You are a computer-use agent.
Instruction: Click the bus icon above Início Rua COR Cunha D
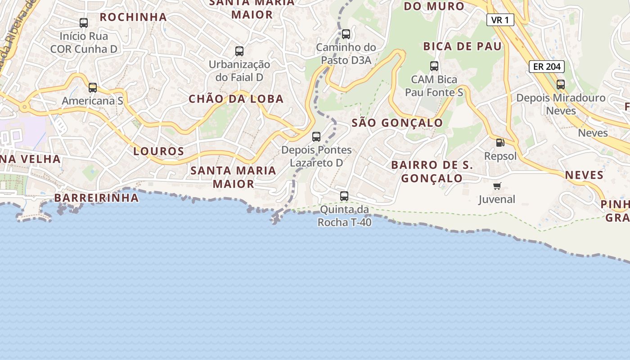tap(84, 23)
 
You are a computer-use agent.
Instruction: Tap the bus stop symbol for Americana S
tap(93, 88)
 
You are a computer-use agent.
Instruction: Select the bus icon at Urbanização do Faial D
tap(239, 51)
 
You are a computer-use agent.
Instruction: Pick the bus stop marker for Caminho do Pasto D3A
tap(346, 34)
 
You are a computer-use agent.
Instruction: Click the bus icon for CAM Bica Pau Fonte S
tap(434, 66)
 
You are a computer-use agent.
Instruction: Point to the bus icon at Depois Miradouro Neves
tap(561, 85)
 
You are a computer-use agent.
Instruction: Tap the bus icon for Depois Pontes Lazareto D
tap(316, 137)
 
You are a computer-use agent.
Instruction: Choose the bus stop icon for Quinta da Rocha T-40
tap(344, 196)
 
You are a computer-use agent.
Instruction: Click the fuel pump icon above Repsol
tap(500, 143)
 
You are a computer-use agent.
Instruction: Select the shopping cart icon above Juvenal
tap(497, 186)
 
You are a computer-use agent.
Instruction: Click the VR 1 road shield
tap(500, 20)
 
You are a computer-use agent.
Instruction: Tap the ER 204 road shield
tap(546, 67)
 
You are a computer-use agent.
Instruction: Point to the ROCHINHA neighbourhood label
tap(133, 17)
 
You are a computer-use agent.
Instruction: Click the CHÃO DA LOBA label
tap(236, 99)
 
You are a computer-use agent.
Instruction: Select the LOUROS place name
tap(158, 151)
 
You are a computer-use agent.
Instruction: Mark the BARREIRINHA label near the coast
tap(96, 198)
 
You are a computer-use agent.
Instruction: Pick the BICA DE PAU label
tap(462, 46)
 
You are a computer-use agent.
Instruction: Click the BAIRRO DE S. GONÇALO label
tap(432, 171)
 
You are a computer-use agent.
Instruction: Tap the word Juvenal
tap(497, 199)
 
